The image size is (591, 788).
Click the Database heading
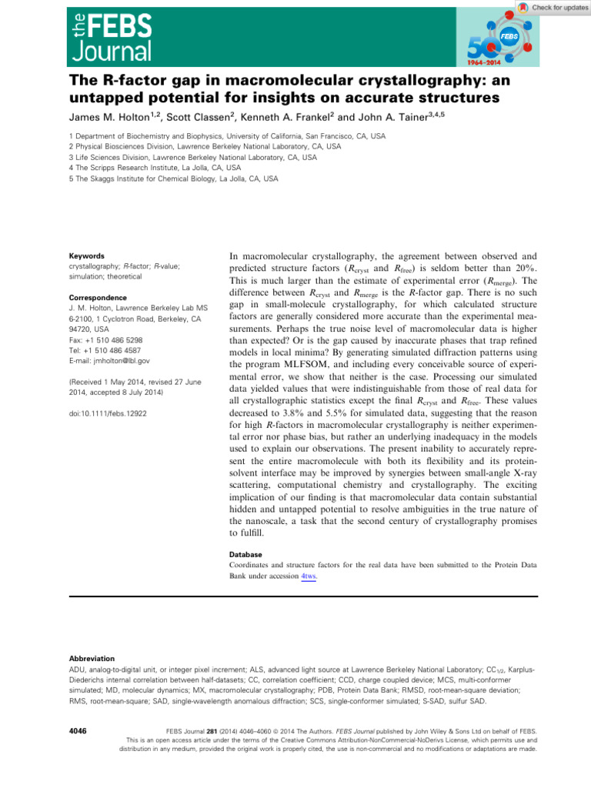click(246, 554)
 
